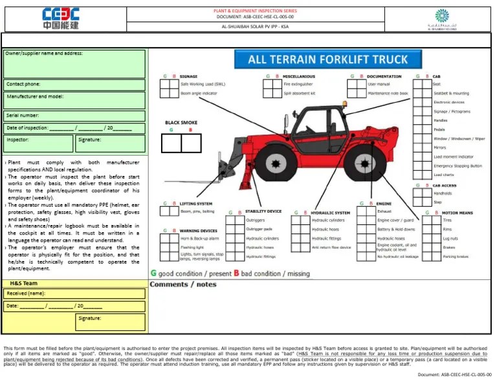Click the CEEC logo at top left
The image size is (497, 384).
point(61,19)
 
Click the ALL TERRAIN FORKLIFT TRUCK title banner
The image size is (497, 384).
point(328,60)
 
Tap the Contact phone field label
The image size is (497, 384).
point(23,84)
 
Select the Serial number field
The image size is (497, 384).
point(74,115)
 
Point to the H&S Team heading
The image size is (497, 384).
point(24,283)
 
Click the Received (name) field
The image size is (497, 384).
point(74,293)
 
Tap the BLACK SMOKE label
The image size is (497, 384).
point(181,123)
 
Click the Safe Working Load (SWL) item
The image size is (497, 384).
point(203,84)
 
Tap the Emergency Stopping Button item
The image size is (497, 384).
point(458,165)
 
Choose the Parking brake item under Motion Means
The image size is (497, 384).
point(455,257)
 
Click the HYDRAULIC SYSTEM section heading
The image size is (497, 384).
point(330,213)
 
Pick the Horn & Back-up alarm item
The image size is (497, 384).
point(200,239)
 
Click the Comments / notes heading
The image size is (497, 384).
point(183,284)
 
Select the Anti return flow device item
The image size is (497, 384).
point(331,248)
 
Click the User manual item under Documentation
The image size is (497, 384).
point(379,84)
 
